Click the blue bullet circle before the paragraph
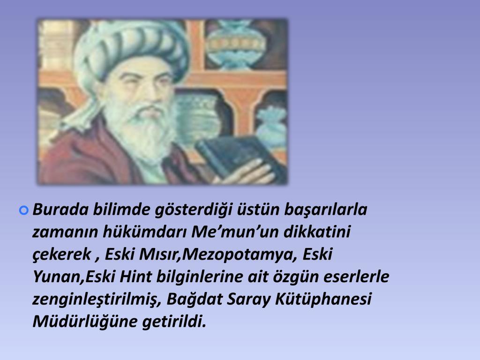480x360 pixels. pyautogui.click(x=24, y=210)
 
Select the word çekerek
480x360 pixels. pyautogui.click(x=62, y=255)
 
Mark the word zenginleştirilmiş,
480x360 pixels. pyautogui.click(x=97, y=300)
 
